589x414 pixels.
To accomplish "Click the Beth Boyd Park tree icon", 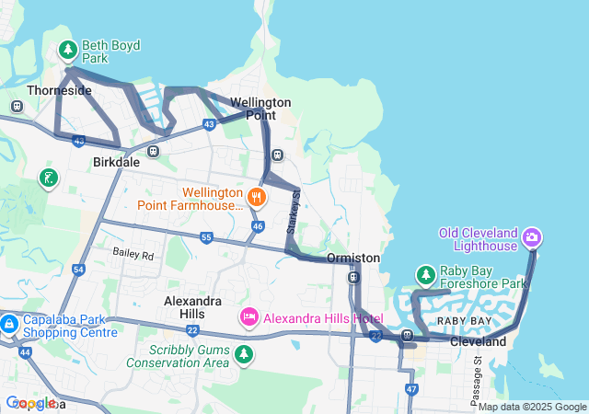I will pyautogui.click(x=67, y=50).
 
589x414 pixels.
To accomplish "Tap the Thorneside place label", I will pyautogui.click(x=59, y=90).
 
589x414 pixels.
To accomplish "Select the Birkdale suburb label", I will pyautogui.click(x=116, y=161).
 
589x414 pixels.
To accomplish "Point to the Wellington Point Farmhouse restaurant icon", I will pyautogui.click(x=257, y=196).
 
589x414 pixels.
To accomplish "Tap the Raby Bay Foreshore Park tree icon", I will pyautogui.click(x=425, y=275).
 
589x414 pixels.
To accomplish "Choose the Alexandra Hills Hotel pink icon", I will pyautogui.click(x=248, y=318).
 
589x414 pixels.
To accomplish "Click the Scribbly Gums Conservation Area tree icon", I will pyautogui.click(x=243, y=353).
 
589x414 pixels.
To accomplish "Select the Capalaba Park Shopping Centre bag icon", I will pyautogui.click(x=9, y=324).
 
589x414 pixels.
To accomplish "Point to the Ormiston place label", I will pyautogui.click(x=353, y=259).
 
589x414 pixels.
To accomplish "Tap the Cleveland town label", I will pyautogui.click(x=478, y=341).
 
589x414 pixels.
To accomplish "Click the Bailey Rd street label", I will pyautogui.click(x=133, y=252).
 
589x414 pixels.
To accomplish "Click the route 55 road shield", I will pyautogui.click(x=206, y=238).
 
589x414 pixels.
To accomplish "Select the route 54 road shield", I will pyautogui.click(x=79, y=270).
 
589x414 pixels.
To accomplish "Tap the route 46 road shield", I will pyautogui.click(x=258, y=225).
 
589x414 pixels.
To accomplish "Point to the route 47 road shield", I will pyautogui.click(x=411, y=390).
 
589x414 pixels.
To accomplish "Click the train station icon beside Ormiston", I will pyautogui.click(x=353, y=277).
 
